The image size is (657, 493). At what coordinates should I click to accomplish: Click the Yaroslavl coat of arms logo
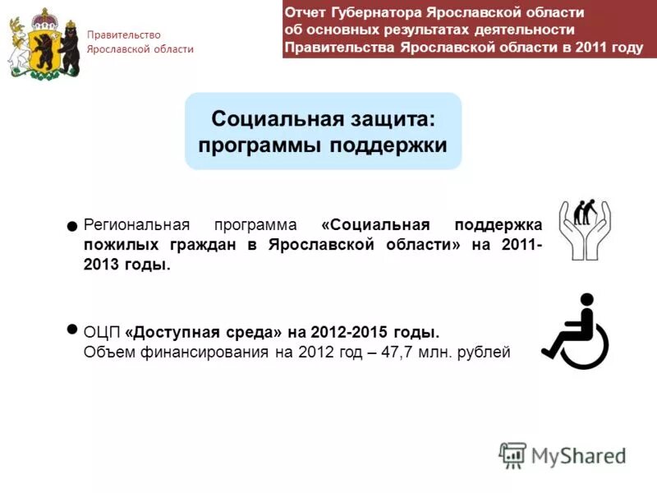coord(44,43)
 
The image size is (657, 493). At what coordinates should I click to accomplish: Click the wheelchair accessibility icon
coord(575,331)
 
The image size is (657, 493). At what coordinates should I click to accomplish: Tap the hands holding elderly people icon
coord(584,229)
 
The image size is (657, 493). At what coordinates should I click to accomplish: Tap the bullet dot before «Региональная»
coord(72,224)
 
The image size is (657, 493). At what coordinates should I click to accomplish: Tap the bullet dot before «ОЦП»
coord(72,329)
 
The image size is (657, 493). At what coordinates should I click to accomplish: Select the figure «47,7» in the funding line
coord(397,352)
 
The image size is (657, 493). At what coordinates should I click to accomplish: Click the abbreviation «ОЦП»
coord(103,333)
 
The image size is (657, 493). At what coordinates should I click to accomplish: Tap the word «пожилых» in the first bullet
coord(115,246)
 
